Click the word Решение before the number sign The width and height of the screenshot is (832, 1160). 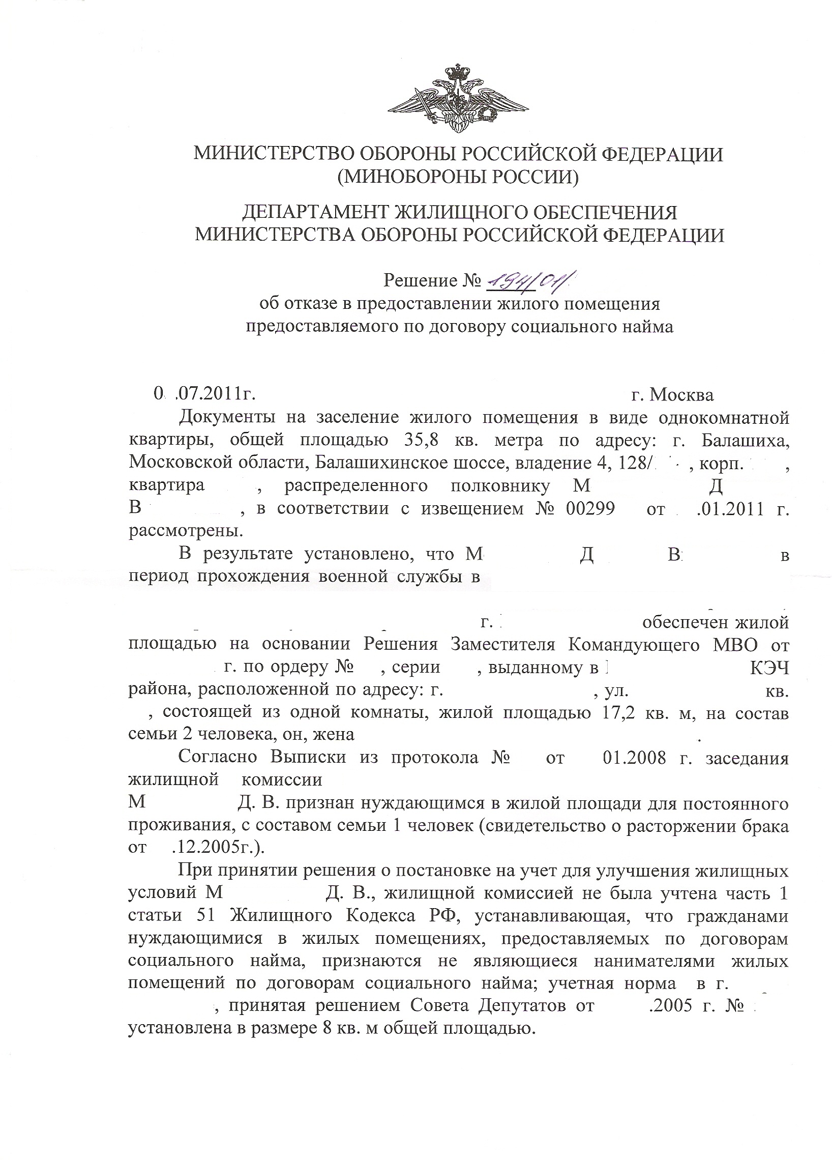coord(420,280)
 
